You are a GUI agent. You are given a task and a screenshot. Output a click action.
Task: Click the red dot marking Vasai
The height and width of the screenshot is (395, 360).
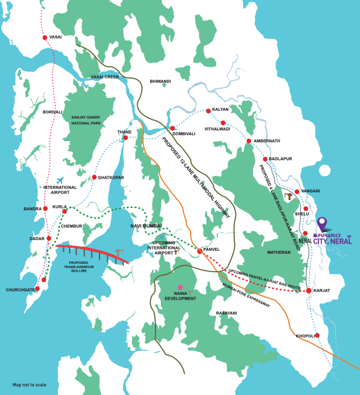[45, 38]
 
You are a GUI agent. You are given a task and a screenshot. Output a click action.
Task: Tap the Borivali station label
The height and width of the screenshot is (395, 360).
[52, 111]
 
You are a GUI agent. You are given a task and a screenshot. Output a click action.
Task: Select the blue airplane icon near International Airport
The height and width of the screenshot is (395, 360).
[60, 180]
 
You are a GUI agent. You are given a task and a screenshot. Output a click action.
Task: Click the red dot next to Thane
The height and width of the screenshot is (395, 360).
[125, 138]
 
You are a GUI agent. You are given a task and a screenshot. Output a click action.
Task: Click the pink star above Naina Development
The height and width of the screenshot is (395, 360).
[180, 287]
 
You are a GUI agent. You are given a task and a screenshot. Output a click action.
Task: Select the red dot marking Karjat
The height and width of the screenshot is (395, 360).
[309, 291]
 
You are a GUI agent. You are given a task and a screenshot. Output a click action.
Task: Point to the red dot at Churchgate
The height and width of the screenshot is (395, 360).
[38, 288]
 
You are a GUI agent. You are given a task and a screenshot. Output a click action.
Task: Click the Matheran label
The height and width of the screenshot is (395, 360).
[278, 252]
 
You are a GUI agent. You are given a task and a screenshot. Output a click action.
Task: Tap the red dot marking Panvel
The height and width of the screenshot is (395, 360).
[200, 251]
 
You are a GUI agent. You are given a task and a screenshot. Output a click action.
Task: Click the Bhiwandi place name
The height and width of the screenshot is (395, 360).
[160, 81]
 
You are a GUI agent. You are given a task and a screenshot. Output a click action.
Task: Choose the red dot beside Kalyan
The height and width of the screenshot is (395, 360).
[208, 111]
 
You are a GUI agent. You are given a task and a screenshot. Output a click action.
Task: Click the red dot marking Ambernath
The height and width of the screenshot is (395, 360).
[249, 141]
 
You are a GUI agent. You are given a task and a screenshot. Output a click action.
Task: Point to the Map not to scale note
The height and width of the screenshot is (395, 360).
[29, 385]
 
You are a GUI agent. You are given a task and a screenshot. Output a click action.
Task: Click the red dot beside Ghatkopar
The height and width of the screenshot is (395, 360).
[94, 177]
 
